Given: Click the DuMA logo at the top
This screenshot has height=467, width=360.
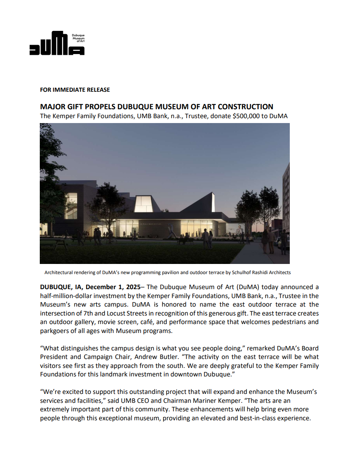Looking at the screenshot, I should click(x=57, y=43).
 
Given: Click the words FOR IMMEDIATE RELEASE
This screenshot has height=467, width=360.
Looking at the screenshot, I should click(x=75, y=90).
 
